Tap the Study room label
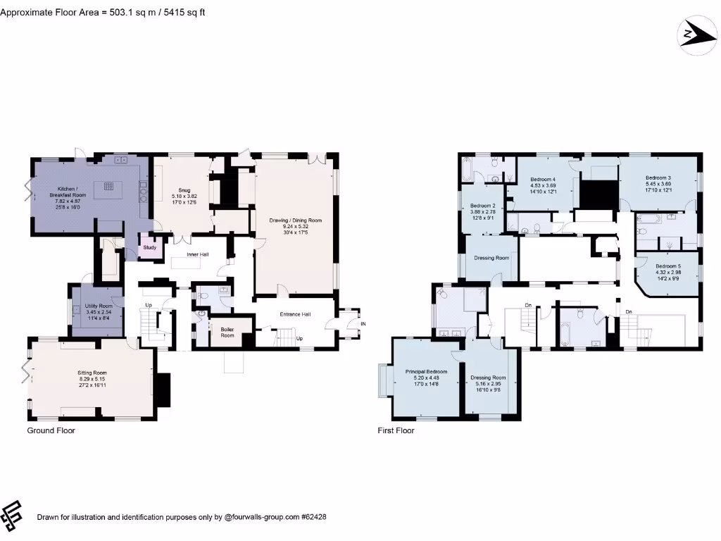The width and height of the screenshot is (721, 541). pos(150,247)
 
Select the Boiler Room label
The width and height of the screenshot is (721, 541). pos(227,332)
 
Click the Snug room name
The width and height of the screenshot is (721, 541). pos(184,190)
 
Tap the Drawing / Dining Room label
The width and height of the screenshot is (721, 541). pos(296,220)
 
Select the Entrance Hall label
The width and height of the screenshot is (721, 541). pos(296,314)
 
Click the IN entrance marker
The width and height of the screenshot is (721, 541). pos(363,323)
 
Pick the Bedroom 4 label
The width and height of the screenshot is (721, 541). pos(543,180)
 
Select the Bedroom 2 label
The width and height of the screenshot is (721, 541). pos(483,206)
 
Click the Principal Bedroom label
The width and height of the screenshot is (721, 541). pos(426,371)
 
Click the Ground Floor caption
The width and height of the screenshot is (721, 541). pos(51,430)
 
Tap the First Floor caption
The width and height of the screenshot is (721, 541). pos(396,430)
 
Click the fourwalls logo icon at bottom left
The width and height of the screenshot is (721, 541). pos(13,516)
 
